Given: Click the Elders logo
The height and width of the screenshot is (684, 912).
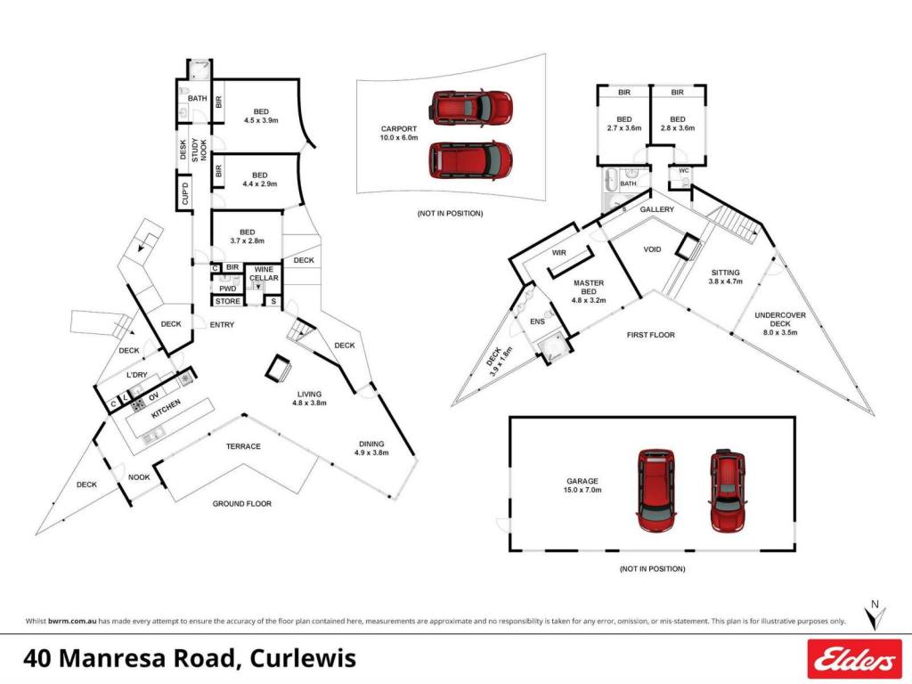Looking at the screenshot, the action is coord(853,659).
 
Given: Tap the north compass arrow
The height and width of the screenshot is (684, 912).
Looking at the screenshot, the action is coord(875,615).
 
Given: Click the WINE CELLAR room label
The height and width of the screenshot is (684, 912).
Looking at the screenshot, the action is coord(264,274).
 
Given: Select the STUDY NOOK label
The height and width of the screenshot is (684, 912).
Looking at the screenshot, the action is coord(199,150).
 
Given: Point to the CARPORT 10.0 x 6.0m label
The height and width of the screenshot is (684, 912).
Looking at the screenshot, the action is coord(399,134).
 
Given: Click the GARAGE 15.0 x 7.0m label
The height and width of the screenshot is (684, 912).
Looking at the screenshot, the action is coord(582,485).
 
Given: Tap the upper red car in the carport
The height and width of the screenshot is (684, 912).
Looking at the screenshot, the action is coord(470,107).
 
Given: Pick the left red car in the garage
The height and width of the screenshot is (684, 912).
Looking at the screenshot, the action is coord(656,491).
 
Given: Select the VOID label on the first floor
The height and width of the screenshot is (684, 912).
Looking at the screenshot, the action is coord(652,249).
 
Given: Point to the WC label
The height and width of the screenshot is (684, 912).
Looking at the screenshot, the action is coord(684,170).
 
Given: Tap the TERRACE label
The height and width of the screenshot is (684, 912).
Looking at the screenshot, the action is coord(243,446).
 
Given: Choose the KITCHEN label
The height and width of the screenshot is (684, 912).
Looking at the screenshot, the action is coord(166,409).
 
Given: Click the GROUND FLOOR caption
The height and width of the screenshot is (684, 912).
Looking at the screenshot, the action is coord(242,504).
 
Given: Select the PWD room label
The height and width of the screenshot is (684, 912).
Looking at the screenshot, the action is coord(227,289).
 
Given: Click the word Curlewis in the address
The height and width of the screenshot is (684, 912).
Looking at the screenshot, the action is coord(303,658).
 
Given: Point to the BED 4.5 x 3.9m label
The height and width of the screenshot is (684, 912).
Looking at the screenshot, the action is coord(261,117).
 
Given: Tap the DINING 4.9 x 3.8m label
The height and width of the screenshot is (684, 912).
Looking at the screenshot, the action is coord(371,448).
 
